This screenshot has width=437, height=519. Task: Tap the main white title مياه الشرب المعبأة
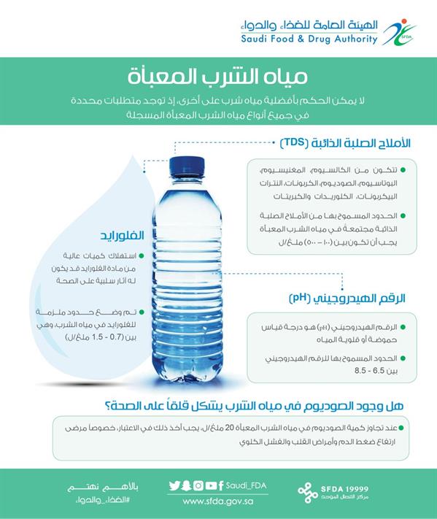(x=217, y=75)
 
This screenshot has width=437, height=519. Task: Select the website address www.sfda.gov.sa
(x=217, y=501)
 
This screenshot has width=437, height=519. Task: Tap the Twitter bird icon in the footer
(x=174, y=485)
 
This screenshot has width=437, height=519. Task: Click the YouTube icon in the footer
(x=210, y=485)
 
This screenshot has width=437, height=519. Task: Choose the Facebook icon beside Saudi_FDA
(x=221, y=485)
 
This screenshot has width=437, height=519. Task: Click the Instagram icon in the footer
(x=198, y=485)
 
